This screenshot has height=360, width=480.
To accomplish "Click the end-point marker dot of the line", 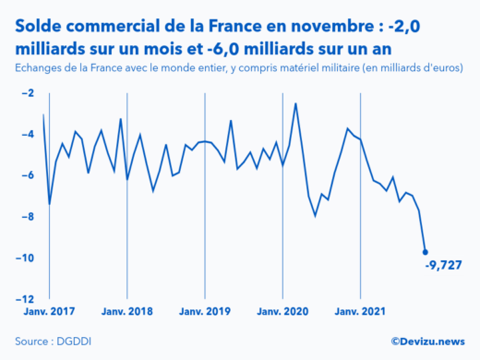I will [x=425, y=251].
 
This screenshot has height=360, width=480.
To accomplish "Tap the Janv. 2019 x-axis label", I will [x=204, y=312].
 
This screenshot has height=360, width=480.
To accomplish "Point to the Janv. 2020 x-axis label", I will [x=282, y=312].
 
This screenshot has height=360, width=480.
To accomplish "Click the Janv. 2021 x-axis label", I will [x=360, y=312].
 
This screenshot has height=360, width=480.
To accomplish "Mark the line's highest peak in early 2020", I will [x=295, y=103].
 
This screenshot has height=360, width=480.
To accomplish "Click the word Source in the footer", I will [x=30, y=342].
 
